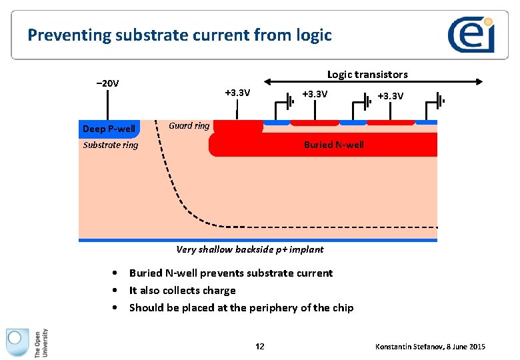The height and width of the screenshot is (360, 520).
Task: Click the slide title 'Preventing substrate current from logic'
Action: (179, 35)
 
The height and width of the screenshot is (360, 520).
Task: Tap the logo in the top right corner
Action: (471, 34)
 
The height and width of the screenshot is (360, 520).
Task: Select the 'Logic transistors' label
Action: (367, 74)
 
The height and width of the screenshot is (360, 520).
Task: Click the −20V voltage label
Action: (107, 83)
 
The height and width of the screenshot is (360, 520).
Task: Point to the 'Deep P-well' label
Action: (109, 129)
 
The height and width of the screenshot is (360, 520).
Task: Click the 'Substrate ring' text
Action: (111, 145)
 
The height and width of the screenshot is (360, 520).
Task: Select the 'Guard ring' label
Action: (189, 125)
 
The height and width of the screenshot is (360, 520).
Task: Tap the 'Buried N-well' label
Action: (333, 145)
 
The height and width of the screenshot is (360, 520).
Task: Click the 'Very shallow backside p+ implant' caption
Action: (249, 249)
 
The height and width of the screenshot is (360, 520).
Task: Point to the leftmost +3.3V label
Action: (237, 93)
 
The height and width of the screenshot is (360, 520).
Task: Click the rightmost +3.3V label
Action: (390, 96)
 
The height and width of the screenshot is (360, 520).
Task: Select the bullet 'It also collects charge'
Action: (182, 290)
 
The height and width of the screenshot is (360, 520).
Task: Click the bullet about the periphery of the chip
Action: (241, 307)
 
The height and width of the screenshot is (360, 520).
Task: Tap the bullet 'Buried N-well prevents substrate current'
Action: (231, 273)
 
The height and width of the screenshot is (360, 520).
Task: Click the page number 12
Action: (260, 346)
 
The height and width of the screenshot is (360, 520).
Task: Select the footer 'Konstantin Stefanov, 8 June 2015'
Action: (430, 347)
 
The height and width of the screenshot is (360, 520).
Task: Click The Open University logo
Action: (27, 343)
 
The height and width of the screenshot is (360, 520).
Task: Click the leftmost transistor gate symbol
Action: (289, 101)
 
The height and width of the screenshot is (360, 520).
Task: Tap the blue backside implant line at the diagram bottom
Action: (257, 240)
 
